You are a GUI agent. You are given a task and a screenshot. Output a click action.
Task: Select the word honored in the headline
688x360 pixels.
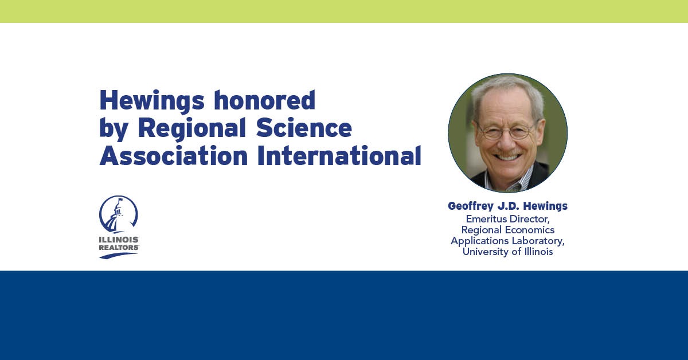(265, 100)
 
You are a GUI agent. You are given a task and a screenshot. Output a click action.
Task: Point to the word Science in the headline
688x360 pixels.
(304, 128)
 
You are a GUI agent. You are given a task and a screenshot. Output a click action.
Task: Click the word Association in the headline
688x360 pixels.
(174, 155)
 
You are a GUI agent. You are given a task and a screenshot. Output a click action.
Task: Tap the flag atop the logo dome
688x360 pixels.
(120, 200)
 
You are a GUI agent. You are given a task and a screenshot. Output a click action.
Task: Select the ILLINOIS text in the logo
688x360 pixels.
(119, 240)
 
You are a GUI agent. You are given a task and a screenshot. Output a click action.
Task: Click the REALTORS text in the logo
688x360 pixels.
(119, 247)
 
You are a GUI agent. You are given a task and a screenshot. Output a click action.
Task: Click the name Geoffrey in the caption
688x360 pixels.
(471, 206)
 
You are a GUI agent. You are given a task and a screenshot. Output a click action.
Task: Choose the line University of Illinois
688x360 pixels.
(508, 252)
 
